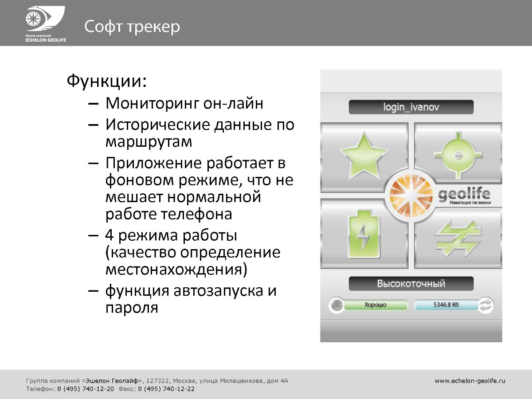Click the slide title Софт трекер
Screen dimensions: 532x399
[x=132, y=27]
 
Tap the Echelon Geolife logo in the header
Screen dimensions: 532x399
[x=46, y=24]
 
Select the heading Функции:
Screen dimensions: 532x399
[x=107, y=81]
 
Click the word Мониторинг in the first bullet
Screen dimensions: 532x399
[x=152, y=103]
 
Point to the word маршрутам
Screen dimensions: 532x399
[x=149, y=141]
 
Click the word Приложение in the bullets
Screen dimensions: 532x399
[x=153, y=163]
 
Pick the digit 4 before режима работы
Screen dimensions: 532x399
[x=110, y=235]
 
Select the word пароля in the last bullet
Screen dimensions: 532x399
[x=132, y=308]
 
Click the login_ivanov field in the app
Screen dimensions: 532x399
[x=411, y=107]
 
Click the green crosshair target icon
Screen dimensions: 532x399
[x=458, y=156]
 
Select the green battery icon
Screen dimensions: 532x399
[x=364, y=235]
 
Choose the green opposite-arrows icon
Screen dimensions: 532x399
[x=458, y=238]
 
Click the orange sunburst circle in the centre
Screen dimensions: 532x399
[x=411, y=196]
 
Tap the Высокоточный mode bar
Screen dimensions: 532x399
[x=411, y=283]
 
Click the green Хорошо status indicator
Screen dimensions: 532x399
[x=376, y=305]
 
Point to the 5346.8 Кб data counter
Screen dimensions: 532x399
[x=446, y=305]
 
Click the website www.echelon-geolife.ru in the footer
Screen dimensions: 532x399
[x=470, y=381]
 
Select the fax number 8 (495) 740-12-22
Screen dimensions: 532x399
[x=166, y=389]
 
